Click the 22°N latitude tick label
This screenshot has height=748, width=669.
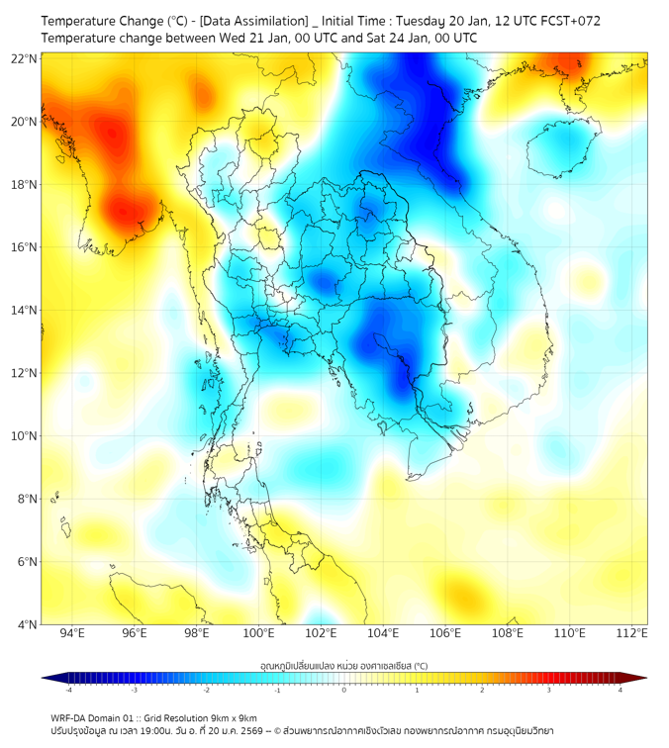(x=25, y=58)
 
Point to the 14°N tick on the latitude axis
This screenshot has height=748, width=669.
(x=25, y=311)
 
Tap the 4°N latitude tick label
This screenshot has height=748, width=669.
(x=27, y=624)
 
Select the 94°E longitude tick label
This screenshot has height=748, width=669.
(x=72, y=633)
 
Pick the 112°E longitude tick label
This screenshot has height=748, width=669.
(x=631, y=633)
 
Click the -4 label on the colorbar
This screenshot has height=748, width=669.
(x=68, y=690)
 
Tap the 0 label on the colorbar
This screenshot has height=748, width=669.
(x=344, y=690)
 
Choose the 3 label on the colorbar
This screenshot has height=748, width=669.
(x=550, y=690)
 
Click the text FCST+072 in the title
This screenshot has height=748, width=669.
(x=572, y=20)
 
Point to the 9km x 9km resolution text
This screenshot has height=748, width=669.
(x=227, y=717)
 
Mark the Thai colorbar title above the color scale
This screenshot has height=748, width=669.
(x=343, y=665)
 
